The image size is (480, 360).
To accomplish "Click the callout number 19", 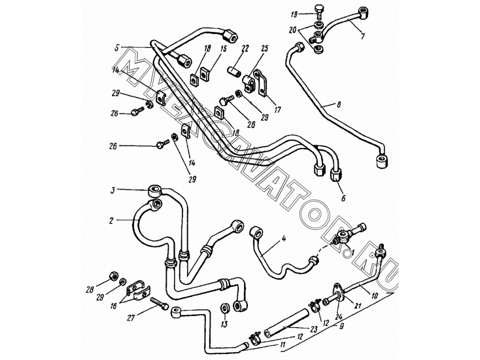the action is coord(294,14).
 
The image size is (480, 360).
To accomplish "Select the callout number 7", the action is coord(362,36).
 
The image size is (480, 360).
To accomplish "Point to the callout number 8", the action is coord(338,104).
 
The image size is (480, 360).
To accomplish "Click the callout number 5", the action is coord(116,48).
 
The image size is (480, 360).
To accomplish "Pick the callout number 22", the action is coord(343,198).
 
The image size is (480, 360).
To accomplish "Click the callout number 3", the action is coord(112,190).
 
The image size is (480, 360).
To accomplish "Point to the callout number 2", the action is coord(111,220).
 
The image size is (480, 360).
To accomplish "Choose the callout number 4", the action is coord(284,238).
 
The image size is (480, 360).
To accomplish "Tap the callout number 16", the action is coord(113,305).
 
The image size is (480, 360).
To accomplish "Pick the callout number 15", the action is coord(223,48).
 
